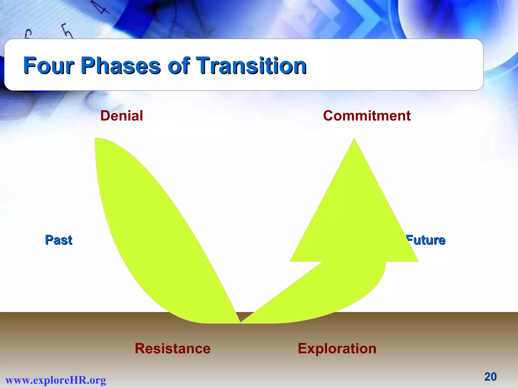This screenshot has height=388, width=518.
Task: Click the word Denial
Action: coord(122,116)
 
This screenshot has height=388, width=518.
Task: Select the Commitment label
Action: coord(367,116)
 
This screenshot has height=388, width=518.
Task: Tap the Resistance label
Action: coord(172,349)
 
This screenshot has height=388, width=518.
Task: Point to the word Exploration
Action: coord(337,349)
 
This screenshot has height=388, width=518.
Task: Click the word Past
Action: coord(58,240)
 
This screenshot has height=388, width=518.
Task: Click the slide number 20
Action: coord(490,377)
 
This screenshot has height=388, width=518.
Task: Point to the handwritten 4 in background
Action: coord(101,8)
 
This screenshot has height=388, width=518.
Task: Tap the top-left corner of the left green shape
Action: coord(96,139)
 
